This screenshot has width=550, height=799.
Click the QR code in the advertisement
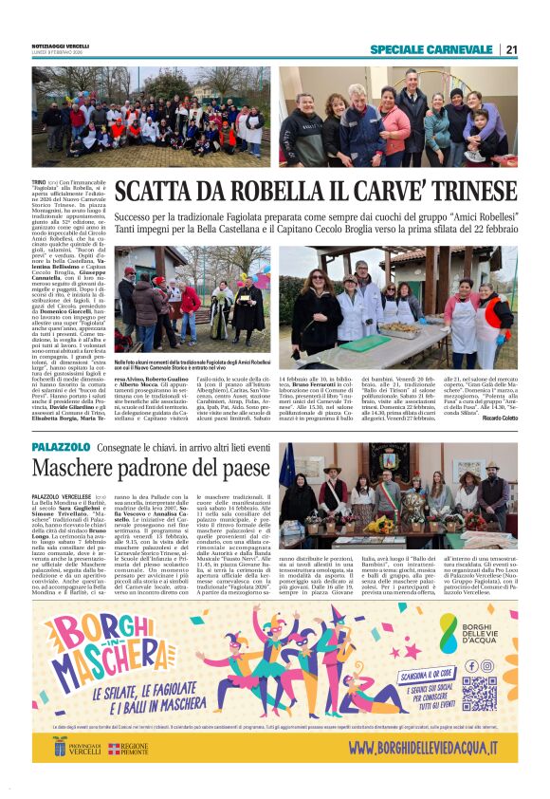(479, 693)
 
